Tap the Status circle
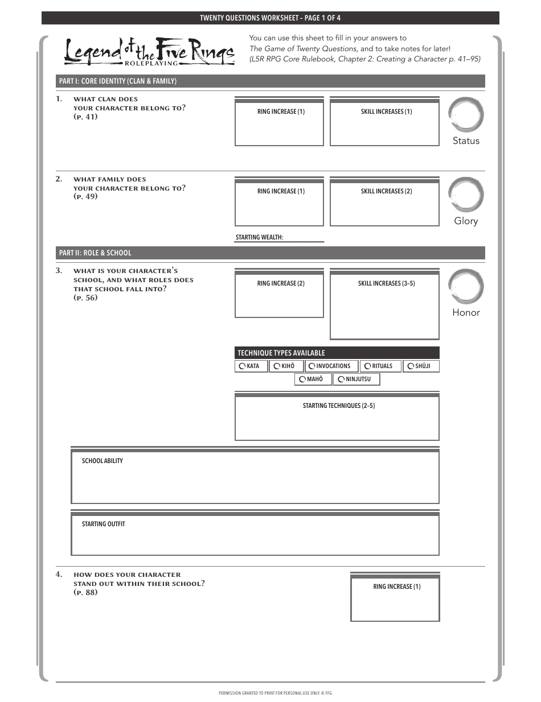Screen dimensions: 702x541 coord(466,115)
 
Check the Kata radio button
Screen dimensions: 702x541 coord(242,366)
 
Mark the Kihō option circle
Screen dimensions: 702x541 coord(277,366)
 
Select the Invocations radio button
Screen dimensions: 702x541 coord(312,366)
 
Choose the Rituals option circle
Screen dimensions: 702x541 coord(368,366)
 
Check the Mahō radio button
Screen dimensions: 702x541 coord(302,379)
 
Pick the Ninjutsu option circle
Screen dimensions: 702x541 coord(341,379)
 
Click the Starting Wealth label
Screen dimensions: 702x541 coord(259,237)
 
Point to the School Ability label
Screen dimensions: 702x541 coord(102,461)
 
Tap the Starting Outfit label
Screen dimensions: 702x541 coord(103,524)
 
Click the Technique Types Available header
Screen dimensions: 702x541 coord(281,353)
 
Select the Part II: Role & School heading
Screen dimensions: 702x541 coord(95,253)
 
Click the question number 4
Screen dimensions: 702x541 coord(59,575)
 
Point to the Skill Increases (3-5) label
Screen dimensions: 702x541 coord(386,283)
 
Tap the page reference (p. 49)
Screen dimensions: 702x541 coord(85,196)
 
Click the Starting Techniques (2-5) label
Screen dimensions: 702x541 coord(338,406)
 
